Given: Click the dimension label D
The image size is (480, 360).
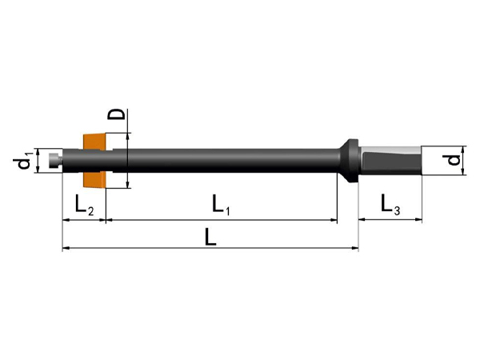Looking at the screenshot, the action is pos(116,114).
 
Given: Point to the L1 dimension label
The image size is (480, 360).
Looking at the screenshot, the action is pos(221,205).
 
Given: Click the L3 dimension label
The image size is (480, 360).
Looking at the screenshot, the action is pos(390,205).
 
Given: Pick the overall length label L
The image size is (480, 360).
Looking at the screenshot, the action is pos(210,238).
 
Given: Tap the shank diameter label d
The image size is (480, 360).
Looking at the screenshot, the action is pos(454,160).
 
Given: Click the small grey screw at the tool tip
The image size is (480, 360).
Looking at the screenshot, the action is pos(55,160).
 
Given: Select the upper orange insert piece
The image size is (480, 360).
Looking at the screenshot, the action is pos(94,142).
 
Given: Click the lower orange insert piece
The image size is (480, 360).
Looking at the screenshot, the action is pos(94,180).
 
